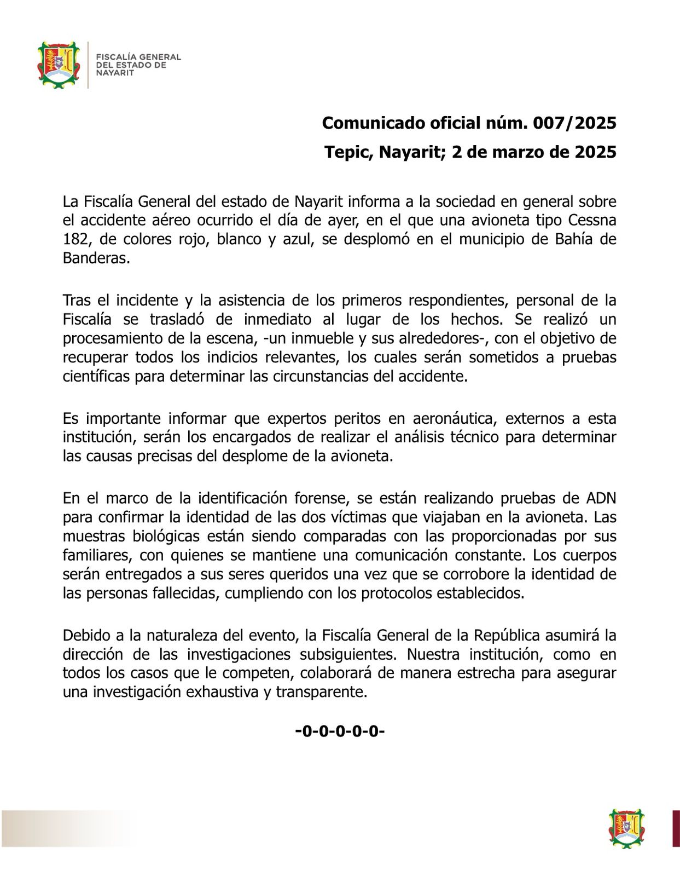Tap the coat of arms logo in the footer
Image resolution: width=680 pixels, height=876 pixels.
(x=627, y=829)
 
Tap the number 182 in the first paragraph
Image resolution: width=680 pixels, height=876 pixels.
(x=75, y=239)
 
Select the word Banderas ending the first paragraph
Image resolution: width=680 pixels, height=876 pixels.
(x=96, y=258)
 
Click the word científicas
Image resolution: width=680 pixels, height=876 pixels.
(x=96, y=377)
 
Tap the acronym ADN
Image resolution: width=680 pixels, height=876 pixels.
(x=601, y=498)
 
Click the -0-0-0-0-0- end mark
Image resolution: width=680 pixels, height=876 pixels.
(x=340, y=731)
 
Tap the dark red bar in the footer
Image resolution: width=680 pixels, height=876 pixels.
(x=676, y=829)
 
